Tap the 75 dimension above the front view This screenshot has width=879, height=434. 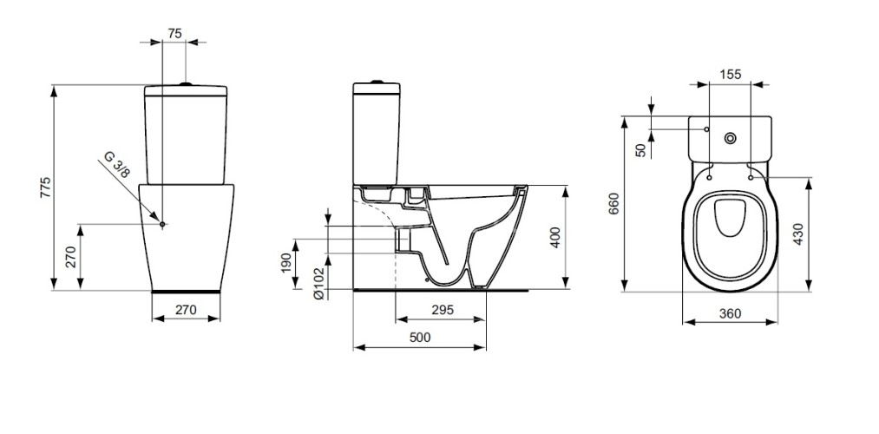tap(174, 33)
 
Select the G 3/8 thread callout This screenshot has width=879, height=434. tap(117, 165)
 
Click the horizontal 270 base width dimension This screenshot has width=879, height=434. tap(186, 309)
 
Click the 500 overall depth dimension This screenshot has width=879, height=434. tap(419, 339)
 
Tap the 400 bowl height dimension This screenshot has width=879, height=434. tap(555, 237)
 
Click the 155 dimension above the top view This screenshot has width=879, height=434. tap(731, 75)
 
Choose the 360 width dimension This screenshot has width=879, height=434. tap(730, 313)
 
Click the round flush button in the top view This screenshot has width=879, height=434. tap(731, 136)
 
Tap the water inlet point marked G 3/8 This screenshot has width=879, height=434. tap(163, 224)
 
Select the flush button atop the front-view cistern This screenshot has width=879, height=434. tap(185, 84)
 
